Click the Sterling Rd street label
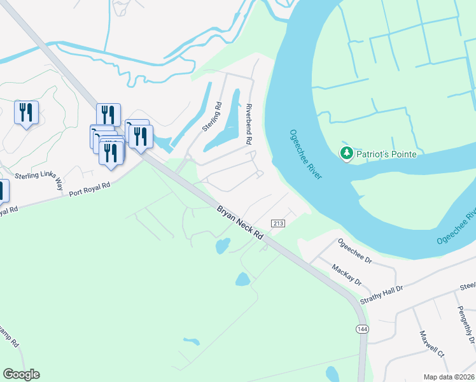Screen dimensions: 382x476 click(x=211, y=117)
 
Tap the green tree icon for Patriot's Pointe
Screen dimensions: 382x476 click(x=346, y=153)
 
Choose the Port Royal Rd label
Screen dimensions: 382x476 click(x=90, y=188)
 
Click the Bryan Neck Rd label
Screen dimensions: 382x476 click(x=240, y=222)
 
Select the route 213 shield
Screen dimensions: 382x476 click(x=277, y=223)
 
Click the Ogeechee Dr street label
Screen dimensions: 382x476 click(x=355, y=250)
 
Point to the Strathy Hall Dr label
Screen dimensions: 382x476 click(x=382, y=289)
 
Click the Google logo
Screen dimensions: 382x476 click(x=21, y=374)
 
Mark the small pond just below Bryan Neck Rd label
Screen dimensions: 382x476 click(x=222, y=245)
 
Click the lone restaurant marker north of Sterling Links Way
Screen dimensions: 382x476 click(x=26, y=113)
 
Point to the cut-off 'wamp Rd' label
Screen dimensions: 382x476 click(x=9, y=338)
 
